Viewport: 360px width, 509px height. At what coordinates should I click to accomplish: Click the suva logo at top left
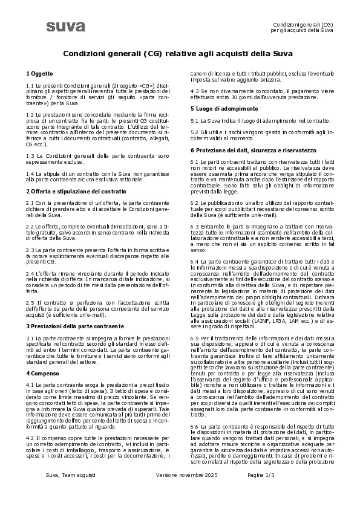click(x=65, y=26)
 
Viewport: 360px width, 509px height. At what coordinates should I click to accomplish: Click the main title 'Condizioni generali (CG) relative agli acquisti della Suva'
click(x=178, y=53)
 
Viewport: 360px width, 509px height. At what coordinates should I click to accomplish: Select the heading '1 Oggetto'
click(x=39, y=73)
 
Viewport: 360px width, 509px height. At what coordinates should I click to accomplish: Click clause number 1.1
click(x=31, y=86)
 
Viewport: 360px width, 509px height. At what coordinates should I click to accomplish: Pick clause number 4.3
click(x=195, y=91)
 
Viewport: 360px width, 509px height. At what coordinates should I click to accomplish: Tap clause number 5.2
click(x=195, y=132)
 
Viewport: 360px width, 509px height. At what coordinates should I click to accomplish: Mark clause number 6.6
click(x=195, y=427)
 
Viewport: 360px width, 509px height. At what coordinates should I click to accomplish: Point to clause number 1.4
click(x=31, y=173)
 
